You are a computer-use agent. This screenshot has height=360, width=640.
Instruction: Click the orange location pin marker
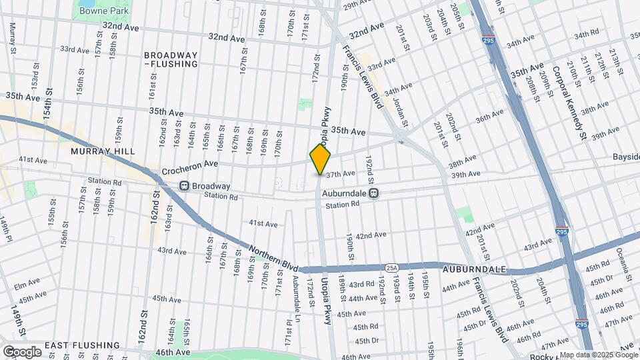pyautogui.click(x=320, y=159)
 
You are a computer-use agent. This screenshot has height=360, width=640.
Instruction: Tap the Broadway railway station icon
pyautogui.click(x=184, y=186)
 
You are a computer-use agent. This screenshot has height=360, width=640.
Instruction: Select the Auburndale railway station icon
pyautogui.click(x=374, y=193)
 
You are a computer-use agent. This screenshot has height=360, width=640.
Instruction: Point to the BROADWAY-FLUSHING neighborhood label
pyautogui.click(x=171, y=59)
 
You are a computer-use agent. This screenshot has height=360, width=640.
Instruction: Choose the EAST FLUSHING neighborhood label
pyautogui.click(x=82, y=345)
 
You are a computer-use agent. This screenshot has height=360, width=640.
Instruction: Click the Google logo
pyautogui.click(x=21, y=351)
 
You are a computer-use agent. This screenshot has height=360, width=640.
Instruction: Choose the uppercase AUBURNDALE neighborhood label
pyautogui.click(x=474, y=269)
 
